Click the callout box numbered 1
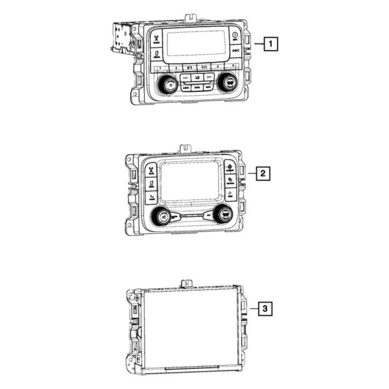tap(271, 45)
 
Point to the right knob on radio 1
tap(227, 82)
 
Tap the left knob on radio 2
tap(163, 215)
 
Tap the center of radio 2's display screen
tap(191, 184)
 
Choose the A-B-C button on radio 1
tap(235, 51)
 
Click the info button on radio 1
tap(235, 36)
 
